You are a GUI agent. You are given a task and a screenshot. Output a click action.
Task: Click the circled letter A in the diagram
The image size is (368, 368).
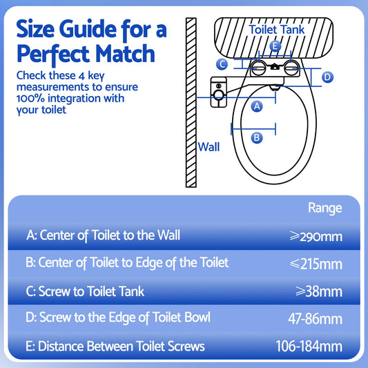pos(257,106)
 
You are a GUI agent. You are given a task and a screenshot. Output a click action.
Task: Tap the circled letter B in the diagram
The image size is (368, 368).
pos(257,137)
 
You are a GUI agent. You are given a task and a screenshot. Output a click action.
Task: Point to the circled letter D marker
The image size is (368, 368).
pos(327,77)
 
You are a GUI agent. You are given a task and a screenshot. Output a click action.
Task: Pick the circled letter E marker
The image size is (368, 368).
pos(275,47)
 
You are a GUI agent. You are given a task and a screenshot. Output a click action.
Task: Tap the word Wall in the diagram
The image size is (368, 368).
pos(209,146)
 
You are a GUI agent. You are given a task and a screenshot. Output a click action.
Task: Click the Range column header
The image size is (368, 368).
pos(325,208)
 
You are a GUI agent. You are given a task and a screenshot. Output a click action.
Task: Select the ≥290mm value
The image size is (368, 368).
pos(316,236)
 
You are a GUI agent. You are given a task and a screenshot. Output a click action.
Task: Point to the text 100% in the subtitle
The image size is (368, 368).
pos(31,98)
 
